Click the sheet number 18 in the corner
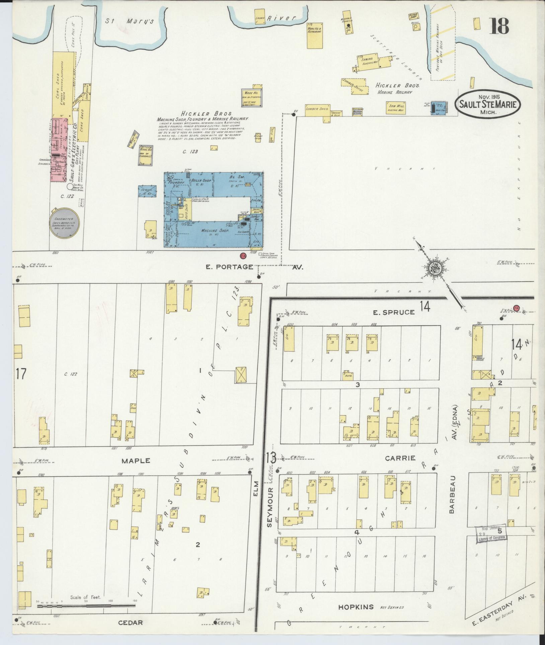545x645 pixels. tap(500, 26)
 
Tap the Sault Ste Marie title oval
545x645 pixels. tap(488, 104)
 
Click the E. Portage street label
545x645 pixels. tap(229, 267)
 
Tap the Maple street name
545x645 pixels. tap(136, 461)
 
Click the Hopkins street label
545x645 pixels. tap(356, 607)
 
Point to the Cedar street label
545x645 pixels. tap(130, 623)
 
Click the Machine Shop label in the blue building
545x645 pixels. tap(215, 231)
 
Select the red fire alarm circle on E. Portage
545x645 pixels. tap(243, 256)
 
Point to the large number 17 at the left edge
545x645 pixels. tap(20, 374)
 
